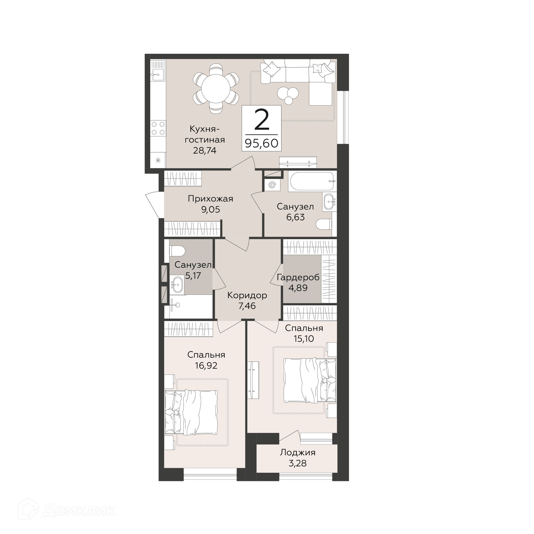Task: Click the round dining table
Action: (x=216, y=89)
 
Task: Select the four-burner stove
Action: (x=158, y=128)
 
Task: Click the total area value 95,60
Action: (x=261, y=143)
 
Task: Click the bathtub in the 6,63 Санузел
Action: (x=312, y=181)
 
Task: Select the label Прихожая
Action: (x=210, y=199)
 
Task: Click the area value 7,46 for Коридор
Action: (x=247, y=306)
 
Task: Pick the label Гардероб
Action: (x=298, y=278)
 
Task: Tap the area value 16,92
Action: (x=206, y=365)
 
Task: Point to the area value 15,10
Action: (x=304, y=338)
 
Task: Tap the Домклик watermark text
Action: (x=79, y=510)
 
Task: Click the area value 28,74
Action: (x=205, y=150)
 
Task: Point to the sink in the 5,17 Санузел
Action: (x=176, y=285)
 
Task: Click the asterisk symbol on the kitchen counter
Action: (x=158, y=160)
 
